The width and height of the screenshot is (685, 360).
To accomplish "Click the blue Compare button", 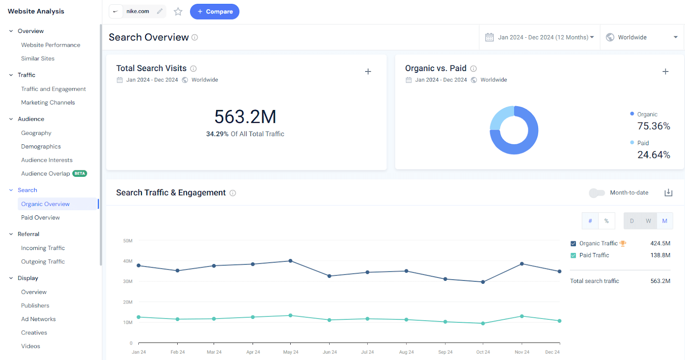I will coord(214,12).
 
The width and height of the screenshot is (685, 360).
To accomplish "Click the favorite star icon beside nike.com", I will coord(178,12).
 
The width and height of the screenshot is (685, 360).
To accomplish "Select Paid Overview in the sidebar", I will coord(41,217).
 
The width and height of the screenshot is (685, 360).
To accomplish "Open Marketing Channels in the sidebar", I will coord(48,102).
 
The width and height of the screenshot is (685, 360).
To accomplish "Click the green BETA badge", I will coord(80,173).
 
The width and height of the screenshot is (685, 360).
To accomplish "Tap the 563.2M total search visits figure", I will coord(245,117).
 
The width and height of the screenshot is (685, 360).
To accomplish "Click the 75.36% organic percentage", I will coord(653,126).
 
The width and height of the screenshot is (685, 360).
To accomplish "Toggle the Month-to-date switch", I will coord(597,193).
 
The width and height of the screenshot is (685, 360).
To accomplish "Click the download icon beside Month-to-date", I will coord(668,193).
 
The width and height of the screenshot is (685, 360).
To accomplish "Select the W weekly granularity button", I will coord(648,221).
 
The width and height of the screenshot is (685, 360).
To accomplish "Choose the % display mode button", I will coord(607,221).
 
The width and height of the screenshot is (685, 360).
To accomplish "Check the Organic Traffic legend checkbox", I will coord(573,244).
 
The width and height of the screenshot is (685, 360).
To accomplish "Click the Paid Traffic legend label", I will coord(594,255).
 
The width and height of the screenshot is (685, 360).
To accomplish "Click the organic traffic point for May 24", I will coord(291,261).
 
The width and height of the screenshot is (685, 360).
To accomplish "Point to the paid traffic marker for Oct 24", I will coord(483,323).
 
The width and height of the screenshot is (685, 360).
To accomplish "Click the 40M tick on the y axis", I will coord(128,261).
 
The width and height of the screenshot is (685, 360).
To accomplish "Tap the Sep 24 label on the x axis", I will coord(445,352).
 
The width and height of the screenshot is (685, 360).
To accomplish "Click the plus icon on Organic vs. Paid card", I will coord(665,71).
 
